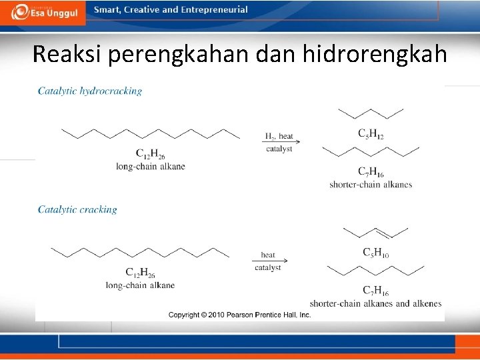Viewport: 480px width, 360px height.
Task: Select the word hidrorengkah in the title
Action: [x=375, y=55]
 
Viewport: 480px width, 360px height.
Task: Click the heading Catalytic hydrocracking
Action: [x=90, y=91]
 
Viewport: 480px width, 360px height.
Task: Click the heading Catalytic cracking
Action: [x=77, y=209]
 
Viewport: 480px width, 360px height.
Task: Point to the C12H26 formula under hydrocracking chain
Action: [x=150, y=154]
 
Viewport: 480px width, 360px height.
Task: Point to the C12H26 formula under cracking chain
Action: [x=140, y=273]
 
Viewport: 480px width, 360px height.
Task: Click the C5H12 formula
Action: [x=371, y=135]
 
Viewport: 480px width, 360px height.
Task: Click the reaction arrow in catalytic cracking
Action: [x=268, y=261]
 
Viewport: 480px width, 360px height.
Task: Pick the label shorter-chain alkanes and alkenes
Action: [x=375, y=303]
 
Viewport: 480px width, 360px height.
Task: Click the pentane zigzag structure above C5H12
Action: [x=371, y=113]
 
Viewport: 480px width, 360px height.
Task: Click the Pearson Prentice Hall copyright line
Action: [x=240, y=315]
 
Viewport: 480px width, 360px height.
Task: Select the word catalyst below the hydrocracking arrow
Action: [x=279, y=149]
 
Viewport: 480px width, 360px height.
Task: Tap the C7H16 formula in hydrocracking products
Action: [x=371, y=172]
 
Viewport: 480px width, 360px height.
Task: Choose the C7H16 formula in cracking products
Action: [x=375, y=291]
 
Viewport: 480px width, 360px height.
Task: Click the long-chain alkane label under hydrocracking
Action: [x=150, y=166]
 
